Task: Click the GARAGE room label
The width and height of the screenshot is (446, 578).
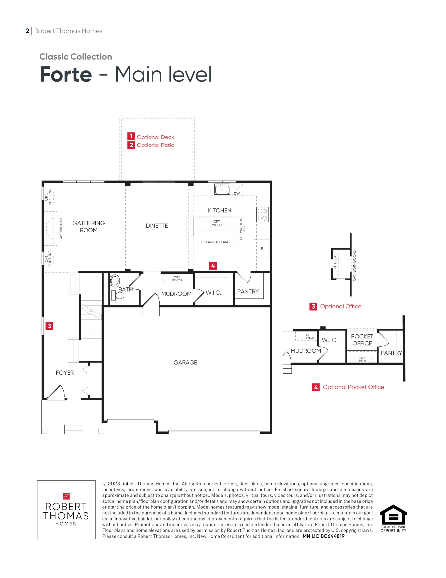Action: pyautogui.click(x=185, y=362)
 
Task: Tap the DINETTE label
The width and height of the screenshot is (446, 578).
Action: pyautogui.click(x=157, y=226)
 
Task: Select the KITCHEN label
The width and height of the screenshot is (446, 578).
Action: pyautogui.click(x=219, y=210)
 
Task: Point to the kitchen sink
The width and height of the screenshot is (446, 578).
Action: pyautogui.click(x=222, y=189)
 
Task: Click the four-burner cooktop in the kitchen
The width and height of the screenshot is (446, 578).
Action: pyautogui.click(x=262, y=214)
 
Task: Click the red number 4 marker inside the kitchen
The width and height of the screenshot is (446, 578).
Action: pyautogui.click(x=213, y=266)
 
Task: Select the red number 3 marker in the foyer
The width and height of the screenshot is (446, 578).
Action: pyautogui.click(x=49, y=326)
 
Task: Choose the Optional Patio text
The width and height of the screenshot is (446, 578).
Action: pyautogui.click(x=155, y=145)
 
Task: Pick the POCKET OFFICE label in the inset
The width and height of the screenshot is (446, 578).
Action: pyautogui.click(x=362, y=340)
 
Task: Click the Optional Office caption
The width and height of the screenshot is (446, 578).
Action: pyautogui.click(x=340, y=306)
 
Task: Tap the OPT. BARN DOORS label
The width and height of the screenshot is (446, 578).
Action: pyautogui.click(x=354, y=266)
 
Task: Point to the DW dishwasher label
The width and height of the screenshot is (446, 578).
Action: pyautogui.click(x=237, y=193)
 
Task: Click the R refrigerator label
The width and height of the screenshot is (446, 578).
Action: pyautogui.click(x=262, y=249)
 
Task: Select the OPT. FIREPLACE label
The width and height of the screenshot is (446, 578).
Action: pyautogui.click(x=61, y=228)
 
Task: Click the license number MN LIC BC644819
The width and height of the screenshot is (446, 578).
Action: pyautogui.click(x=324, y=536)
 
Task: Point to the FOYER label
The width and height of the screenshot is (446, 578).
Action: pyautogui.click(x=64, y=373)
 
